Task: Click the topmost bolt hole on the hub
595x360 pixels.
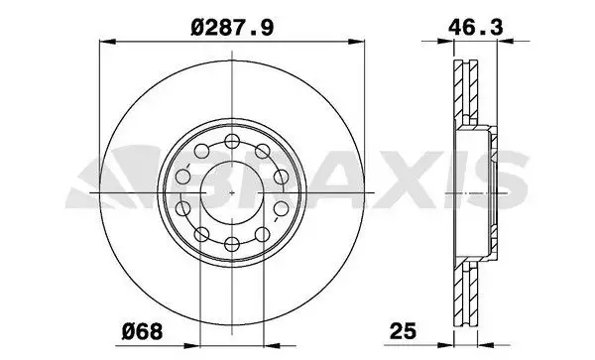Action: click(230, 139)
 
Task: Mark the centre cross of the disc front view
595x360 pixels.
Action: click(230, 190)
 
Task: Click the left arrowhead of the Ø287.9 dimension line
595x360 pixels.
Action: click(108, 41)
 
